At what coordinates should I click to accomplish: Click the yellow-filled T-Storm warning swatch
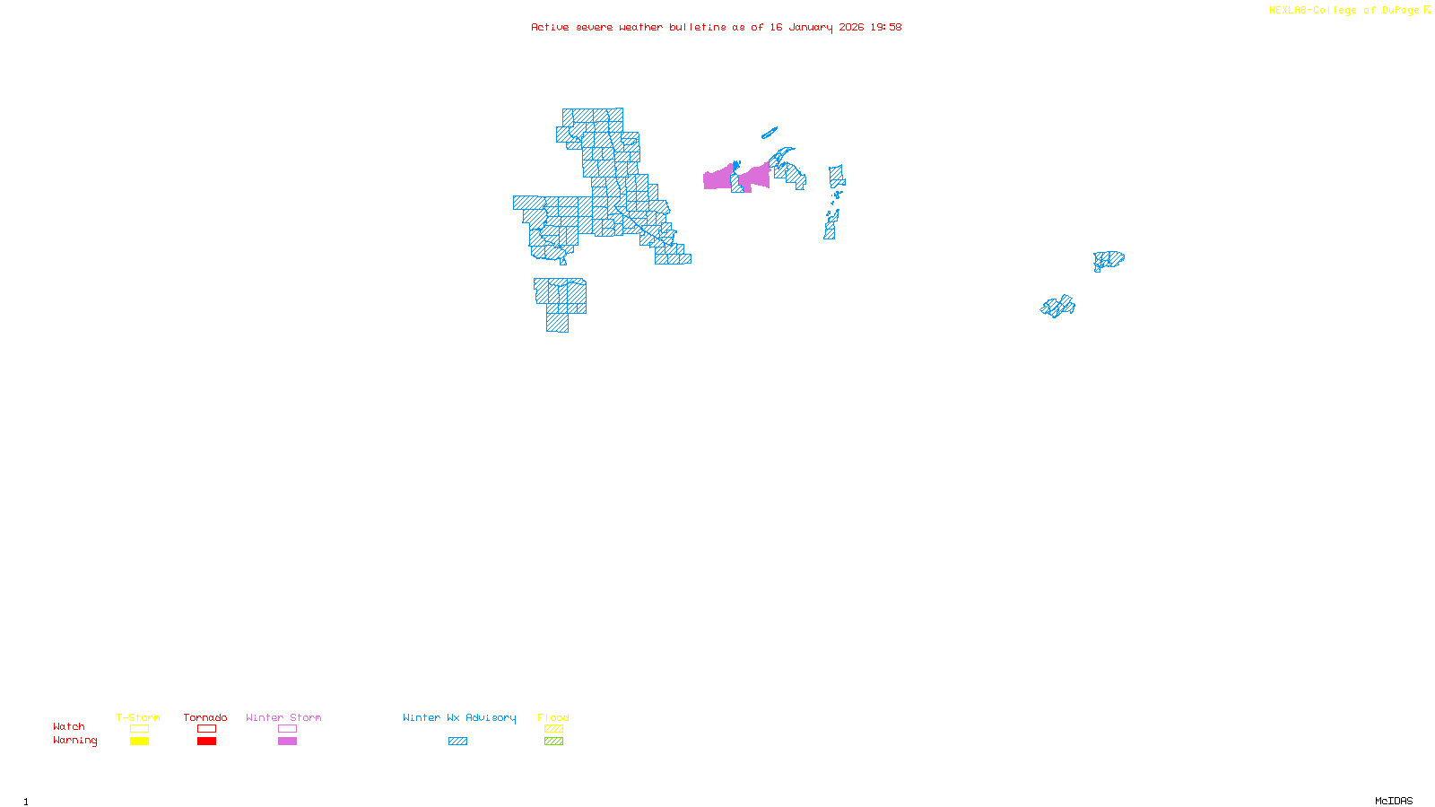coord(139,742)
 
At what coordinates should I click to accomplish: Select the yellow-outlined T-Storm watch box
coord(139,729)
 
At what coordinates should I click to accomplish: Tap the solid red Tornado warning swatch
coord(206,742)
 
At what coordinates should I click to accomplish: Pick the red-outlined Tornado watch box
coord(206,729)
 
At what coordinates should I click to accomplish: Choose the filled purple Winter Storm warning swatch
coord(287,742)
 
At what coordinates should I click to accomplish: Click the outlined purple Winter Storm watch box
coord(287,729)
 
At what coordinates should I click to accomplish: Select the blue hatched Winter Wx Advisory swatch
coord(457,742)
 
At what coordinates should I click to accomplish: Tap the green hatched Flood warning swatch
coord(553,742)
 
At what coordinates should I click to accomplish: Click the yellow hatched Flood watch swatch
coord(553,729)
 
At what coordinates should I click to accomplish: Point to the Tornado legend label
coord(205,717)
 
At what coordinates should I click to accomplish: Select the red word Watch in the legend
coord(69,727)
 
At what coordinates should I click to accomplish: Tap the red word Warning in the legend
coord(74,741)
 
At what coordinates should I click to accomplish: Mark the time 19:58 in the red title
coord(885,27)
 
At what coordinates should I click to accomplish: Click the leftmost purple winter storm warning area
coord(717,178)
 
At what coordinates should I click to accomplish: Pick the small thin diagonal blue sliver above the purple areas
coord(769,134)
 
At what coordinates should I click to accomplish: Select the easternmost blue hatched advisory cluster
coord(1109,260)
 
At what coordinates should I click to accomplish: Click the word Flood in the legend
coord(553,717)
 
